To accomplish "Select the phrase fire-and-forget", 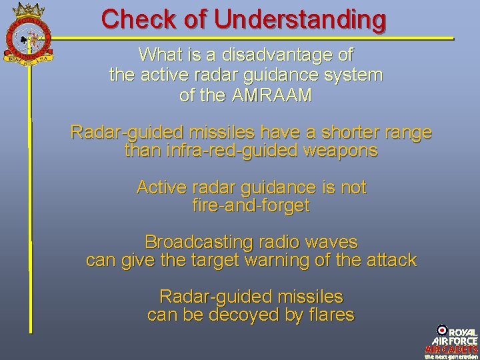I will coord(251,206).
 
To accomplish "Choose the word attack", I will coord(393,260).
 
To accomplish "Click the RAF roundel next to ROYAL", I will coord(441,331).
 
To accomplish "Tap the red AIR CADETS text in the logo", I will coord(451,349).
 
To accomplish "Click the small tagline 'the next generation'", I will coord(451,356).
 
